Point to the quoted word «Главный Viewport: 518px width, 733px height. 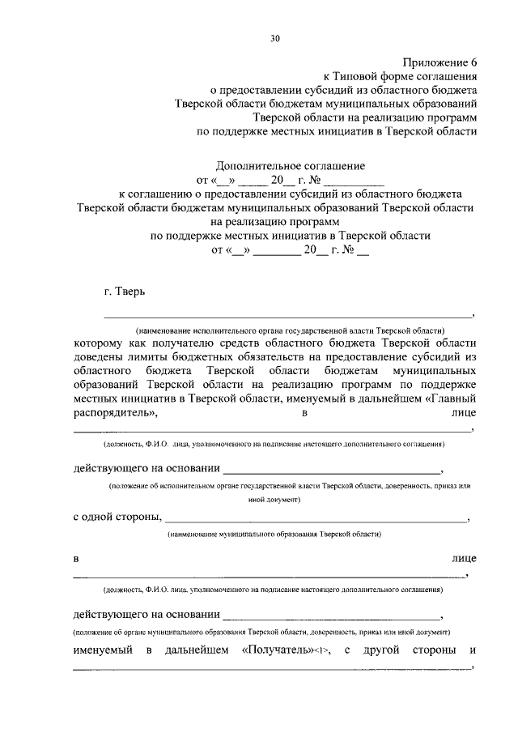(446, 398)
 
